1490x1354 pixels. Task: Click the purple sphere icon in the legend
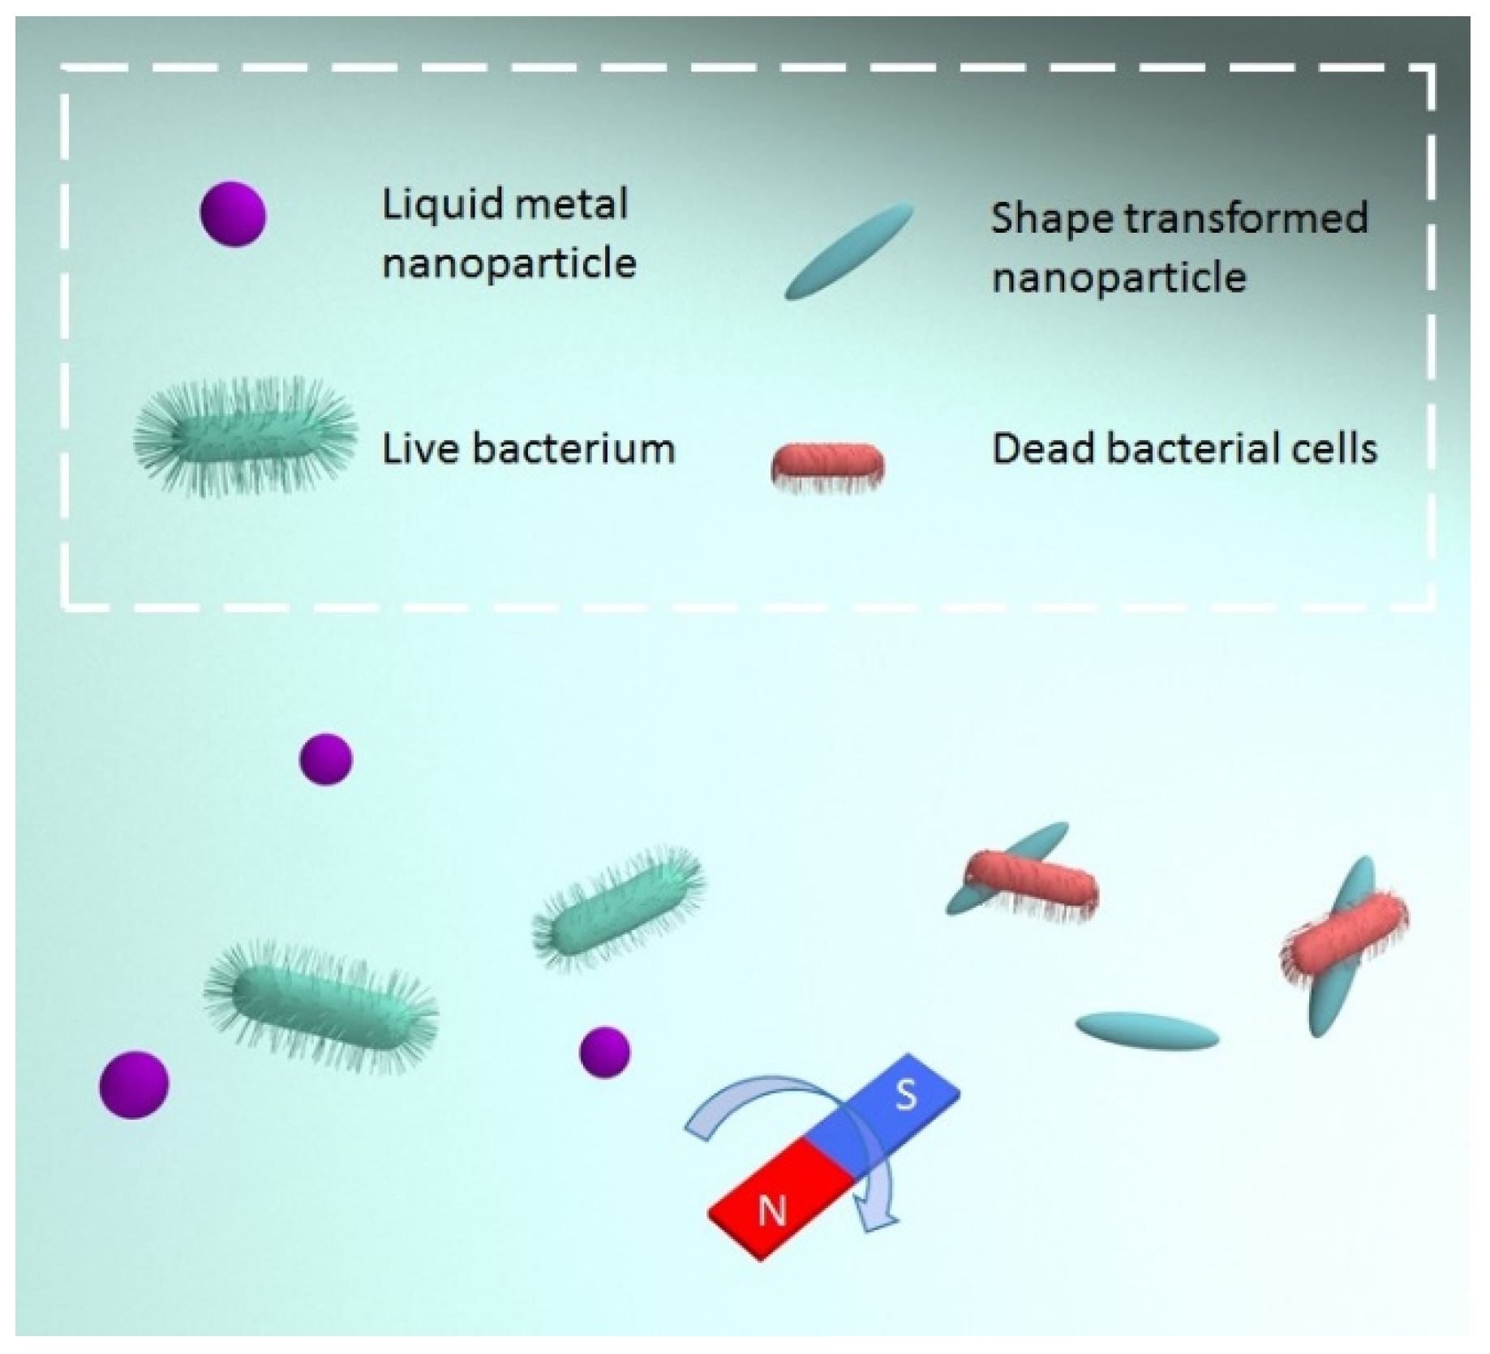point(233,213)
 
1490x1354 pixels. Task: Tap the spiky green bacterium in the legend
point(245,437)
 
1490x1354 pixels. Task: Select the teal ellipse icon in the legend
point(848,251)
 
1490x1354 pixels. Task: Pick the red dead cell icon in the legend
point(827,464)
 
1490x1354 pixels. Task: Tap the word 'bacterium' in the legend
point(573,448)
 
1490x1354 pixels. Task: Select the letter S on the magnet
point(905,1095)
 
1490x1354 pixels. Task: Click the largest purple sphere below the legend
point(134,1085)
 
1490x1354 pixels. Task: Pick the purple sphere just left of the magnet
point(604,1052)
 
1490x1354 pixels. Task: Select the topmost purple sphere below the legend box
point(326,759)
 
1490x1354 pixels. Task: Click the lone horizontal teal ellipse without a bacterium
point(1147,1030)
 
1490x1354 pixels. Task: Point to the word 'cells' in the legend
point(1338,448)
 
